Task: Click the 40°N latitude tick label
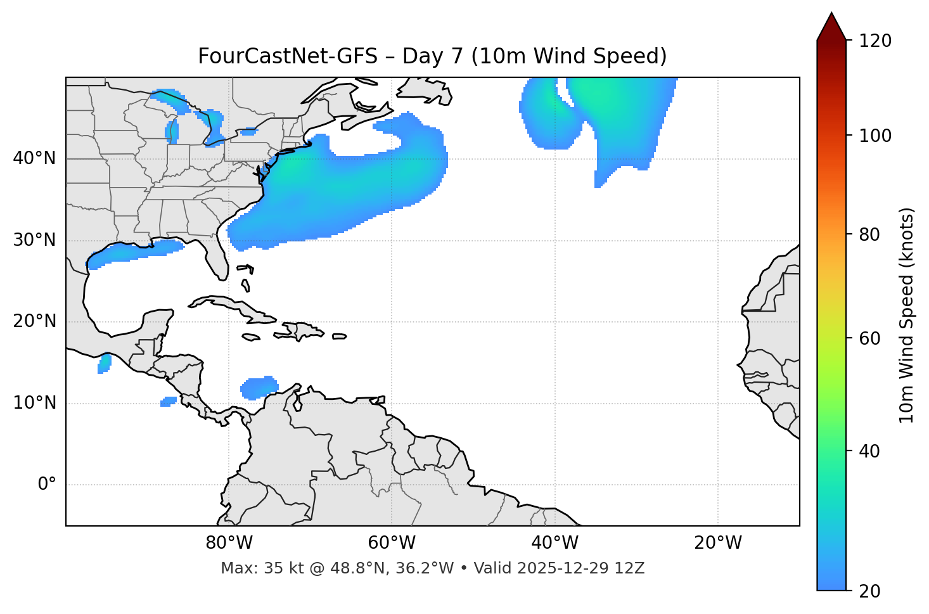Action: click(34, 158)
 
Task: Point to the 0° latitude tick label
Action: click(47, 485)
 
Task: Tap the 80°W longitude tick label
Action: click(229, 543)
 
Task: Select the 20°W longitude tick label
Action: click(718, 543)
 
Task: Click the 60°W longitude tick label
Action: click(392, 543)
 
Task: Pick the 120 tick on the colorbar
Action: click(875, 41)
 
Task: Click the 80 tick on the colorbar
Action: click(869, 234)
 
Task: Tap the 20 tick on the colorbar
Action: click(869, 591)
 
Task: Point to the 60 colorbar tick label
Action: click(869, 338)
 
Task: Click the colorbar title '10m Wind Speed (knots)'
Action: click(907, 315)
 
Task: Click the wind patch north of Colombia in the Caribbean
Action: click(259, 387)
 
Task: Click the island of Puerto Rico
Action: click(339, 336)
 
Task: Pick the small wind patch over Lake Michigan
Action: click(172, 131)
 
